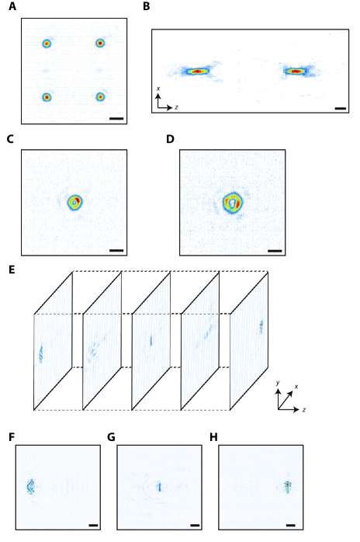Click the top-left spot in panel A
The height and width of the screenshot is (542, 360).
(x=47, y=43)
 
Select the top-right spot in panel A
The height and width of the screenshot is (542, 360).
(x=100, y=43)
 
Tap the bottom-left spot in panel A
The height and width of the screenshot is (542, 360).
(x=47, y=97)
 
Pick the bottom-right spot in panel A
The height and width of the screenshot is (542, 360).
(x=100, y=97)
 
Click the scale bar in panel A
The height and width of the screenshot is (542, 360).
(x=116, y=119)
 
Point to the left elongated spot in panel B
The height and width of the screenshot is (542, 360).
(x=197, y=71)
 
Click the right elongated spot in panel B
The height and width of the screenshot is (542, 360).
(x=296, y=71)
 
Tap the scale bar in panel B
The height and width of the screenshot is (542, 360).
(x=341, y=109)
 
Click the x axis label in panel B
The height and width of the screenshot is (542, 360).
(x=158, y=89)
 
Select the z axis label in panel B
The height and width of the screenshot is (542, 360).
(x=176, y=107)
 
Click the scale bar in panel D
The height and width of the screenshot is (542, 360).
(x=275, y=251)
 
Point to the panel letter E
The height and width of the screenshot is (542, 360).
(x=12, y=269)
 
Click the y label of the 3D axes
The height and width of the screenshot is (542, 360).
(x=278, y=383)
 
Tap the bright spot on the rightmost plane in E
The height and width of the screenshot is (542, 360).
(x=261, y=327)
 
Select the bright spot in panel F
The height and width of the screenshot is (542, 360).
(x=31, y=487)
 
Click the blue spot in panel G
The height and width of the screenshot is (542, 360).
(x=160, y=487)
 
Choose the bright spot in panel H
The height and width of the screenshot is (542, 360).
(x=287, y=487)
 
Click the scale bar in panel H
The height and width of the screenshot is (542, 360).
(x=290, y=526)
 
